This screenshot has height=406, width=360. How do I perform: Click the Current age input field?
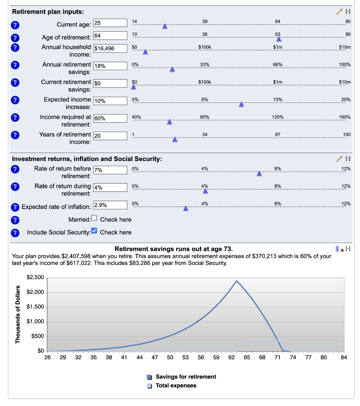click(x=110, y=23)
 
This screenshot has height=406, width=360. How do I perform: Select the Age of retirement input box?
click(x=110, y=37)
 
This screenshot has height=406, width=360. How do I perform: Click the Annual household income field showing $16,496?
click(x=110, y=48)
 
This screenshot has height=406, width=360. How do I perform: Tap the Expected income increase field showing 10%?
click(x=110, y=101)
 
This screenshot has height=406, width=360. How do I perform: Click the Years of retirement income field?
click(x=110, y=136)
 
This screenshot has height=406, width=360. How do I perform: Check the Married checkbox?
click(x=94, y=218)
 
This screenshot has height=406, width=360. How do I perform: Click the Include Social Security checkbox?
click(x=94, y=231)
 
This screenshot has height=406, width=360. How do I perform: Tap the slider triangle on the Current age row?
click(x=165, y=27)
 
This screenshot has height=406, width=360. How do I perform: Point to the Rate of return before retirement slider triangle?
click(x=259, y=174)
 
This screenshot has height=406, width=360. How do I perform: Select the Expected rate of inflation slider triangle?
click(x=186, y=209)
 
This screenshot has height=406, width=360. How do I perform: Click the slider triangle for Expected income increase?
click(x=241, y=104)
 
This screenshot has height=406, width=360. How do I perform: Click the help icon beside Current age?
click(x=15, y=25)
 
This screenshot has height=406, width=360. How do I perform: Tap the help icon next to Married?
click(x=15, y=220)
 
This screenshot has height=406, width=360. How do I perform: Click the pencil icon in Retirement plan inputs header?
click(x=339, y=12)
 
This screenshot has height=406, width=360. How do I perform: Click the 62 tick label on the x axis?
click(x=232, y=357)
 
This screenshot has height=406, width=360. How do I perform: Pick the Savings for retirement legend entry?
click(x=186, y=377)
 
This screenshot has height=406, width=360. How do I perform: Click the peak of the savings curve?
click(x=237, y=281)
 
